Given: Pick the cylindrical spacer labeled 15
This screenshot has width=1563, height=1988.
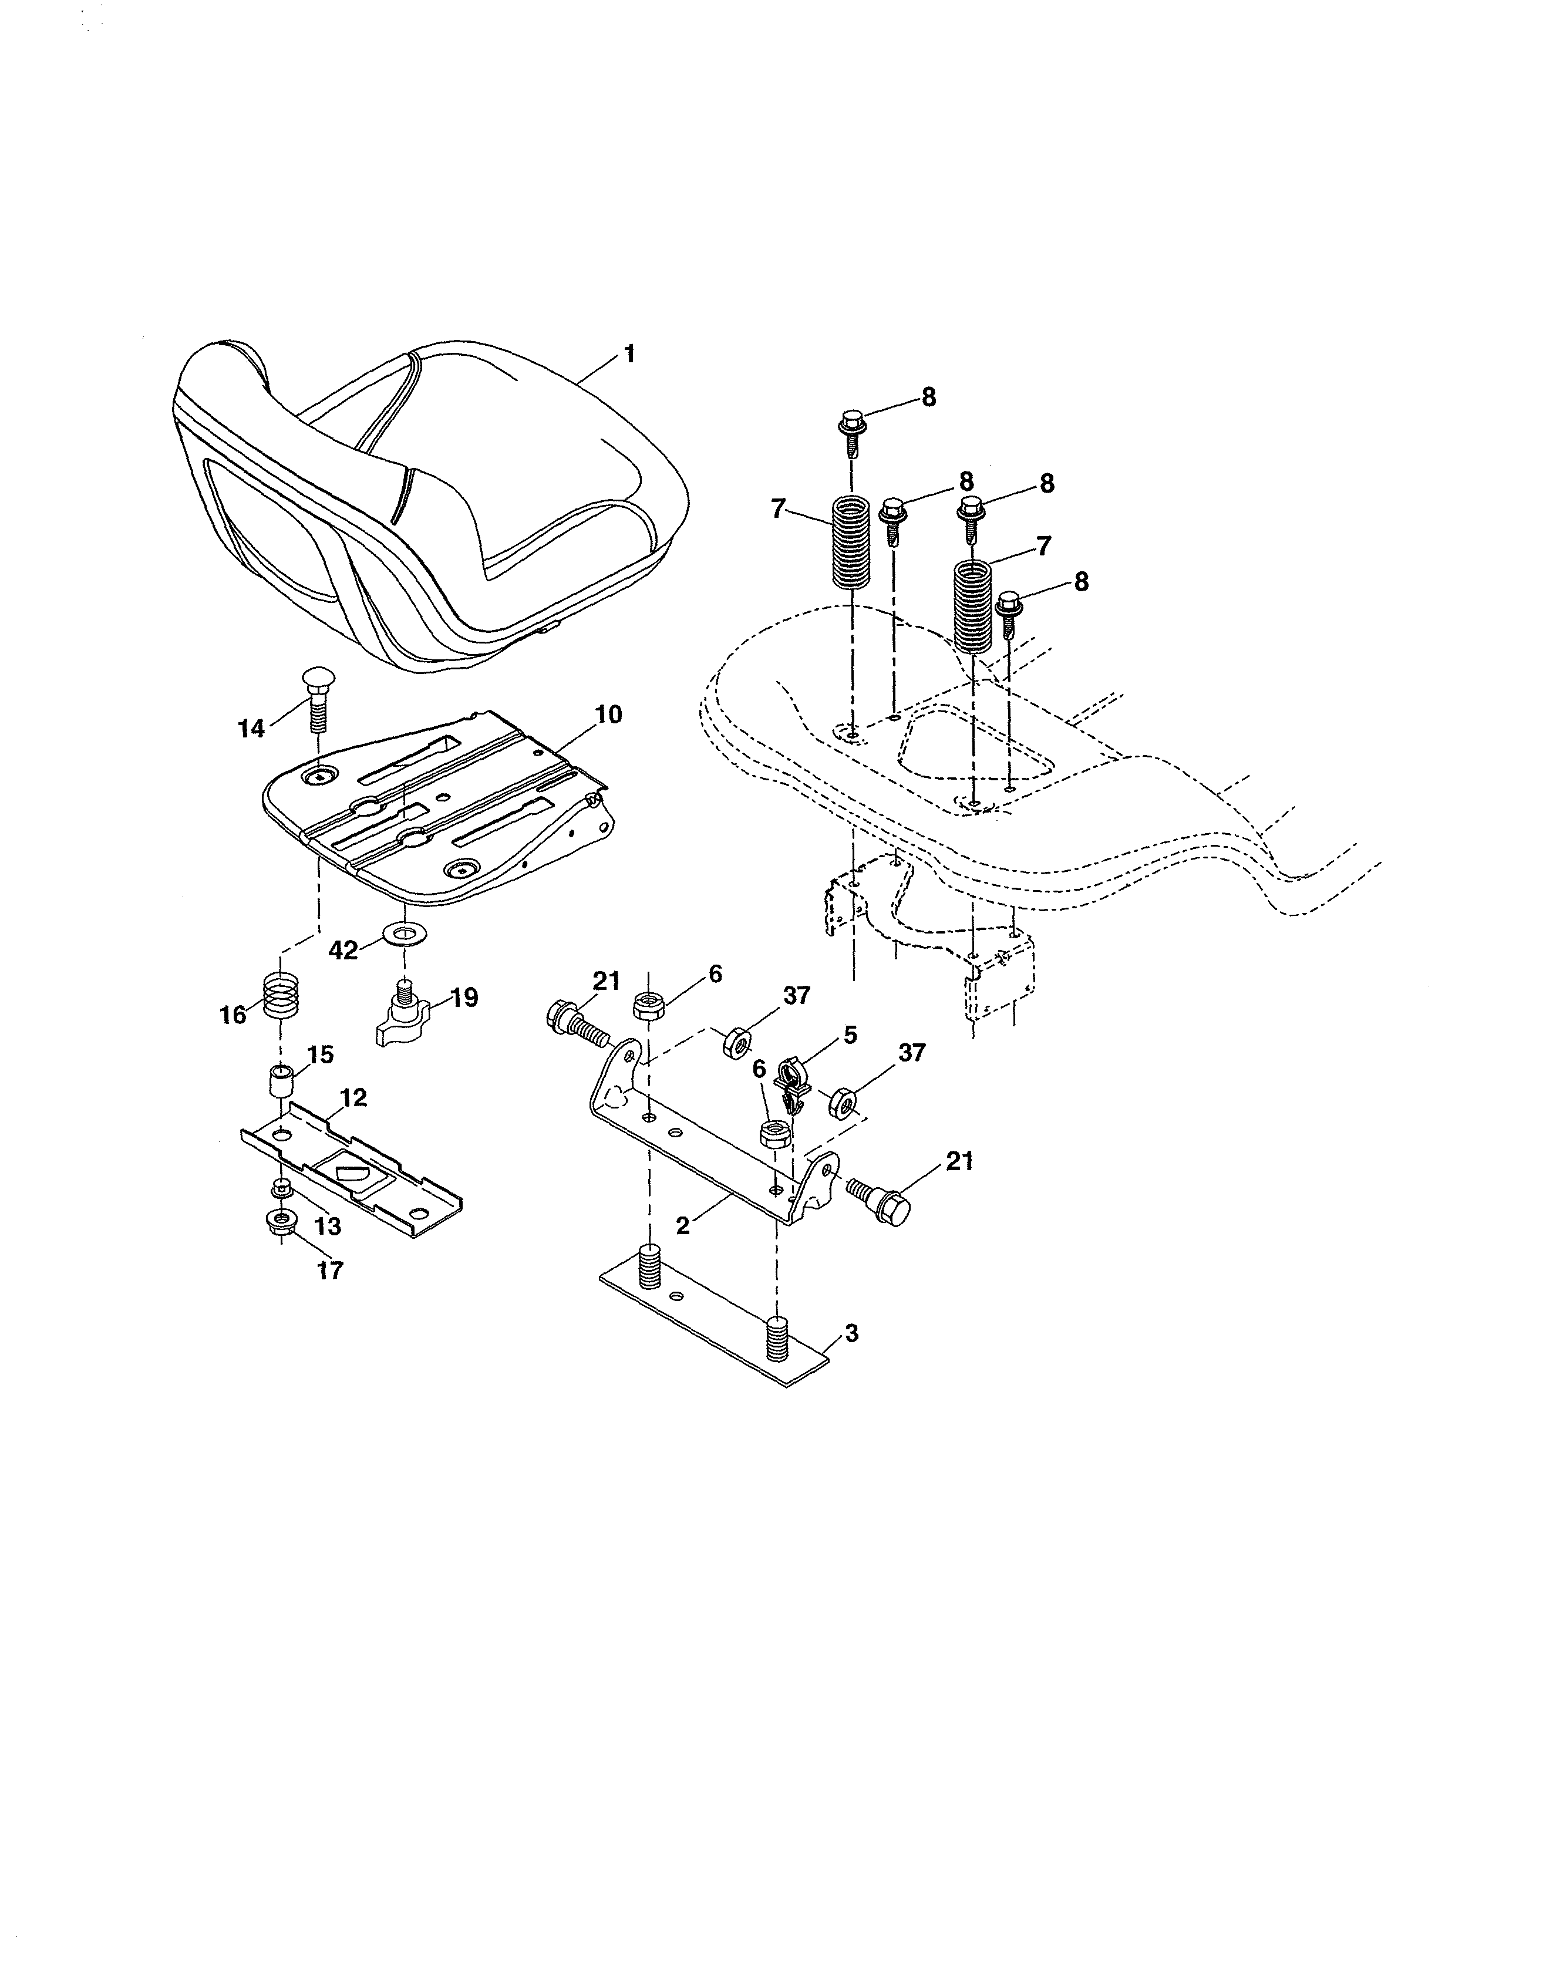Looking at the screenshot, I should tap(280, 1083).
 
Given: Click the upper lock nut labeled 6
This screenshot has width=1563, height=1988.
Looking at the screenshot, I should tap(649, 1008).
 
